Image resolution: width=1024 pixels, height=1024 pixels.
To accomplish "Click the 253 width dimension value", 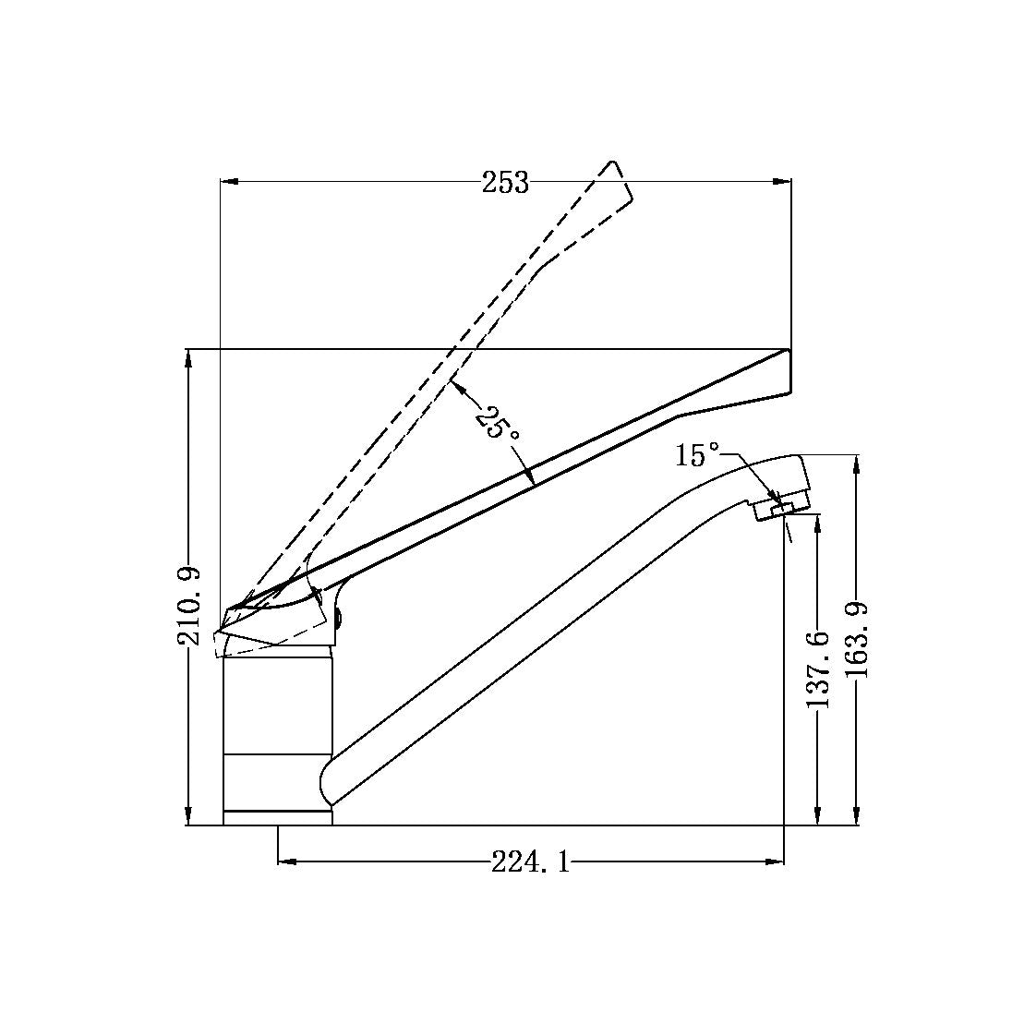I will tap(505, 183).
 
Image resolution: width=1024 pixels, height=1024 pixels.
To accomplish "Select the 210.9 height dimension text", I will tap(189, 606).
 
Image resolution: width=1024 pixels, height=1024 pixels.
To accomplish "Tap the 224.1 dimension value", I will tap(530, 862).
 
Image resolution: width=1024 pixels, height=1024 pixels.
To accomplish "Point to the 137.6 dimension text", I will tap(818, 669).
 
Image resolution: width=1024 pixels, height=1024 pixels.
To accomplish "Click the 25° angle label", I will tap(496, 423).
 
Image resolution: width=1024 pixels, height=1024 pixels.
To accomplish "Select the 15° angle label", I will tap(697, 455).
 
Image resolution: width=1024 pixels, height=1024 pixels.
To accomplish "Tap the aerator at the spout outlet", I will tap(780, 505).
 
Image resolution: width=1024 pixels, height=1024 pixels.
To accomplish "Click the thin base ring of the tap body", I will tap(277, 817).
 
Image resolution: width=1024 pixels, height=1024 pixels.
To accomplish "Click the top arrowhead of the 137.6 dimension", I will tap(818, 524).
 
